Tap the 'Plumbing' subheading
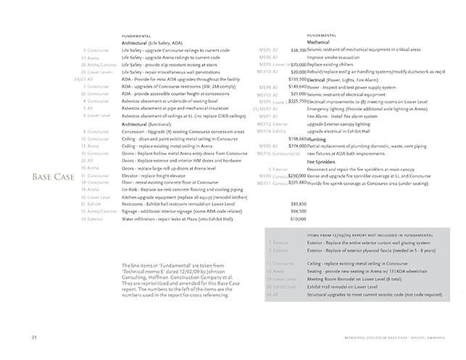[318, 138]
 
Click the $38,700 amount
[297, 50]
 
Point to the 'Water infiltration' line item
[174, 219]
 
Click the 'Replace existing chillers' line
[335, 64]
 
